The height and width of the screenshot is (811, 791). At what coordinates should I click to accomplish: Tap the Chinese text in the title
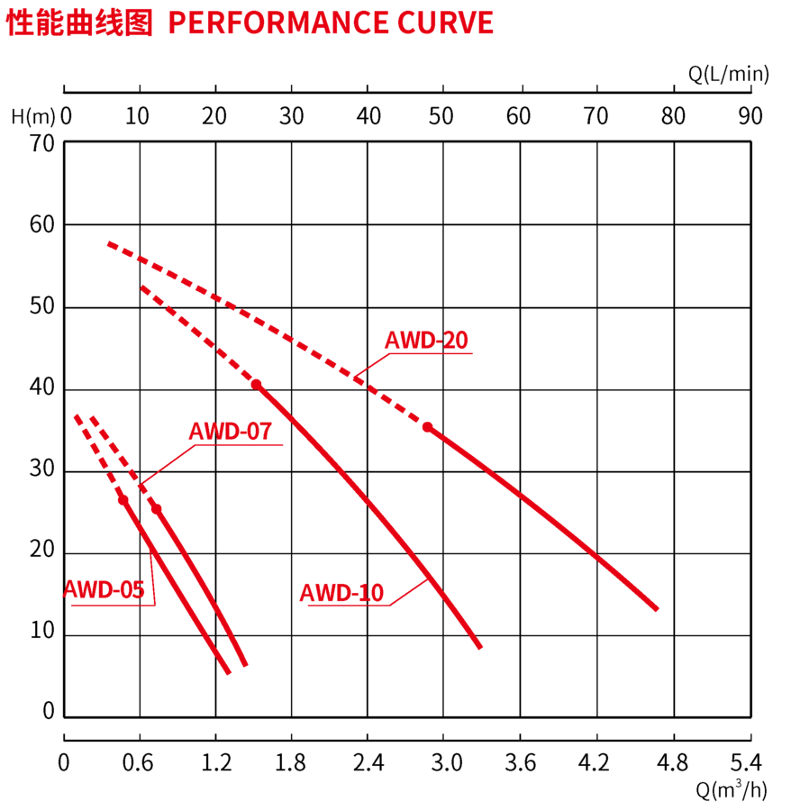pyautogui.click(x=79, y=23)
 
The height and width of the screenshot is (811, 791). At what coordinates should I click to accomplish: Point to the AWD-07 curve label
pyautogui.click(x=230, y=432)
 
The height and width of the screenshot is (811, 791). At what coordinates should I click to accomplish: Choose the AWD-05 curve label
pyautogui.click(x=104, y=590)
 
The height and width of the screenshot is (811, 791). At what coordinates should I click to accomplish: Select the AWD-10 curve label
pyautogui.click(x=341, y=593)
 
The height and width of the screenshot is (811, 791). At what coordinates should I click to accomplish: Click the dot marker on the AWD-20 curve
pyautogui.click(x=427, y=426)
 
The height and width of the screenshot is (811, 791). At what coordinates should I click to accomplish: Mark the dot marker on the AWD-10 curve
pyautogui.click(x=257, y=385)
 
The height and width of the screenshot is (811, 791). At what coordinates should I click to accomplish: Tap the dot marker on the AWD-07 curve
pyautogui.click(x=157, y=509)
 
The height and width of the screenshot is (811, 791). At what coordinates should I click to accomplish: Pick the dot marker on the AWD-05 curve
pyautogui.click(x=123, y=499)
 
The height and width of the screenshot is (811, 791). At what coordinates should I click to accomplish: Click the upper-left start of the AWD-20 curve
pyautogui.click(x=109, y=244)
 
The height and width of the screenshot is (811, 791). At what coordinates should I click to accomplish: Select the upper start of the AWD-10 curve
pyautogui.click(x=143, y=288)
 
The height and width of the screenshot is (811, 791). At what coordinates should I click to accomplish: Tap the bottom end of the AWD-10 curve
pyautogui.click(x=479, y=645)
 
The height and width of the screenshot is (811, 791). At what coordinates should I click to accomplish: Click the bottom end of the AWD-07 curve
pyautogui.click(x=244, y=665)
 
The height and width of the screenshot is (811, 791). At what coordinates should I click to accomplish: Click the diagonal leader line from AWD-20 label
pyautogui.click(x=373, y=364)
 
